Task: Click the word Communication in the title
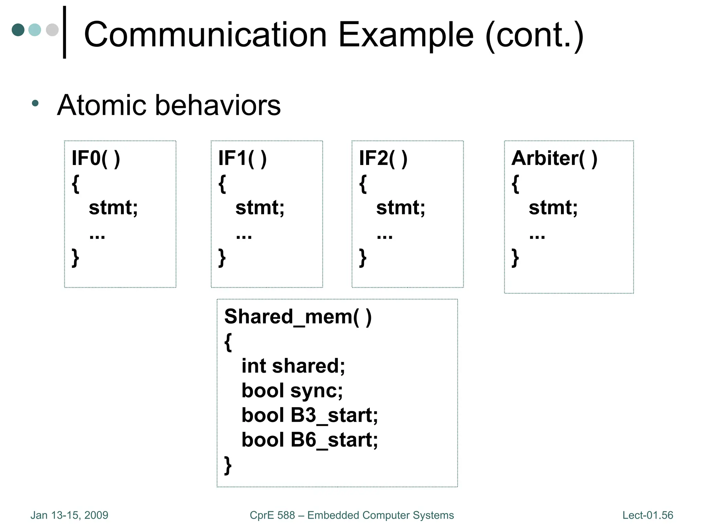click(205, 35)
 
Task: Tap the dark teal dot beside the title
click(18, 30)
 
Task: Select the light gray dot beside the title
click(52, 30)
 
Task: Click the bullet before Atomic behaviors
click(35, 103)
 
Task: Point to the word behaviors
click(218, 105)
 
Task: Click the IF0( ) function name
click(96, 158)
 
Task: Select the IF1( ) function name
click(242, 158)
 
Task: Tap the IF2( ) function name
click(383, 158)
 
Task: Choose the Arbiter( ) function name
click(554, 158)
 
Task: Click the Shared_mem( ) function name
click(298, 317)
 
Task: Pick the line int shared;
click(293, 366)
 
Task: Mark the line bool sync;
click(292, 391)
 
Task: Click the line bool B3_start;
click(309, 415)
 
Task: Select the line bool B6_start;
click(309, 440)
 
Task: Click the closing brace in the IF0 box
click(75, 258)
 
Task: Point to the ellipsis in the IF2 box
click(384, 236)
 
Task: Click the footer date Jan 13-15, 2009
click(69, 515)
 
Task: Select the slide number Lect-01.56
click(648, 515)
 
